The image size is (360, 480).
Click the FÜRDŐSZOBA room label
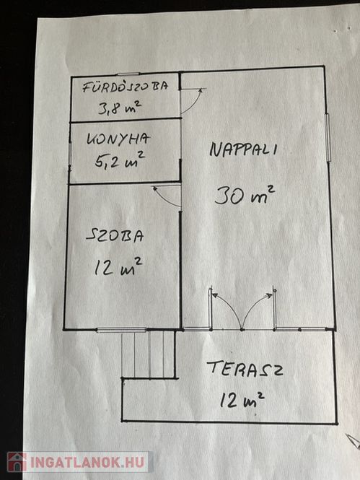(x=126, y=87)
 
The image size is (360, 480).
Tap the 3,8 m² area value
(x=120, y=108)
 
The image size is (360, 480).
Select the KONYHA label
(x=118, y=139)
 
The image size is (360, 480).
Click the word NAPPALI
(x=243, y=149)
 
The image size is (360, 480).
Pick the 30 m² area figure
(x=245, y=195)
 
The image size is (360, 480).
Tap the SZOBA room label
(x=115, y=236)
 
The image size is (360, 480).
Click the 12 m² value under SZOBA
(x=118, y=266)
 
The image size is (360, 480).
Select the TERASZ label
(x=245, y=368)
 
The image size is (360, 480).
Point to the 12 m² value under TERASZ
(x=242, y=399)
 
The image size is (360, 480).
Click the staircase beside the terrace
(x=149, y=354)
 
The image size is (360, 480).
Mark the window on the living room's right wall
(x=328, y=137)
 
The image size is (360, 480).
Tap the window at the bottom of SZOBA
(x=121, y=330)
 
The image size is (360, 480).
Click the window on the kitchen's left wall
(x=70, y=154)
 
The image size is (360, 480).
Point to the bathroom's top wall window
(x=128, y=74)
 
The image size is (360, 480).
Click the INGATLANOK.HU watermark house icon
(x=17, y=462)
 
